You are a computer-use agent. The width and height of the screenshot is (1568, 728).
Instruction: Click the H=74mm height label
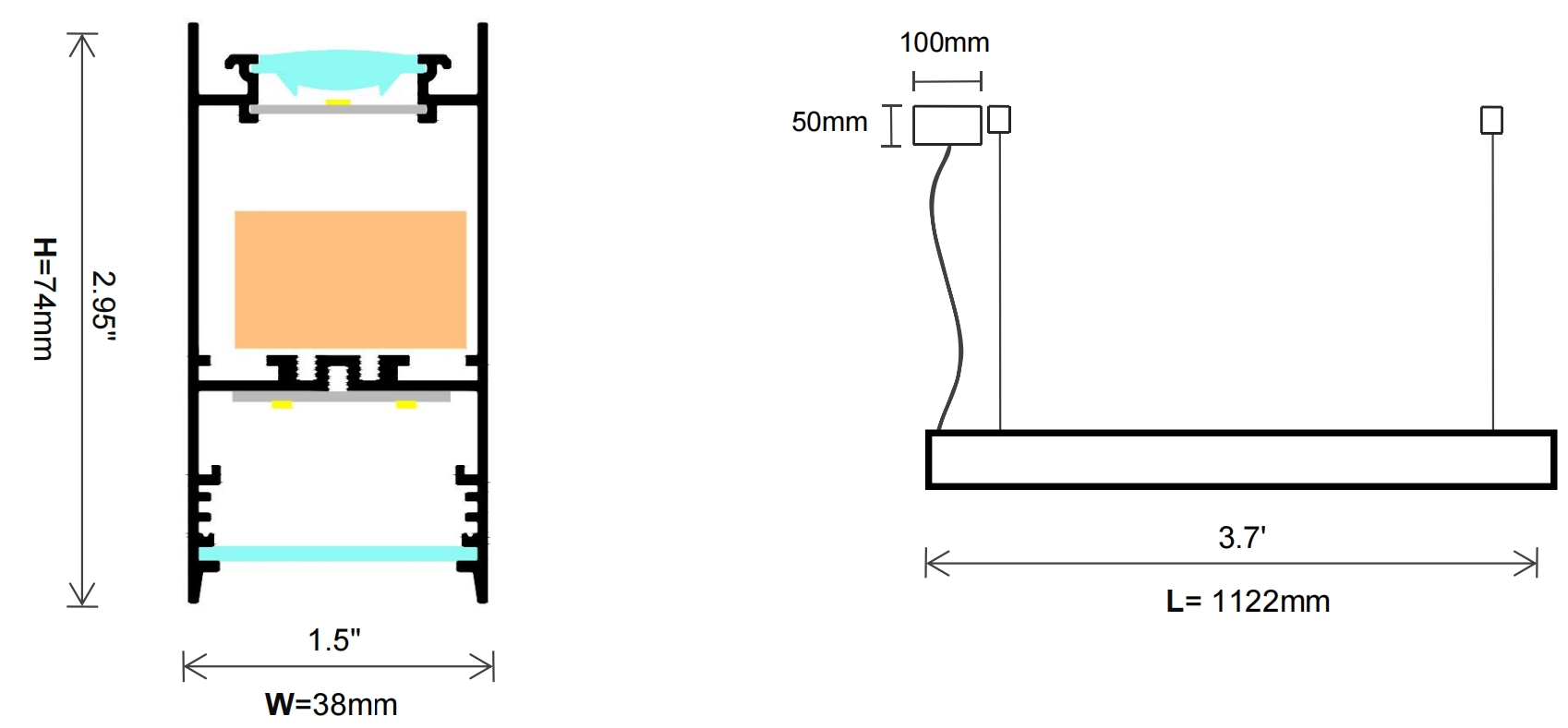click(x=44, y=299)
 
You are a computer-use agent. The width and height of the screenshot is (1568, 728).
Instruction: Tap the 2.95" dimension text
click(x=103, y=305)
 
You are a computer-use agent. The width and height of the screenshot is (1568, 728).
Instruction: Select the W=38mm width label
click(x=332, y=704)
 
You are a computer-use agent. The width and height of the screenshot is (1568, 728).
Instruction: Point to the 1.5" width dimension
click(x=334, y=639)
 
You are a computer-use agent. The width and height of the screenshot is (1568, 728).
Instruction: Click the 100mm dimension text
click(x=945, y=42)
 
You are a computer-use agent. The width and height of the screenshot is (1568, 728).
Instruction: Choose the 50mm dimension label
click(x=829, y=122)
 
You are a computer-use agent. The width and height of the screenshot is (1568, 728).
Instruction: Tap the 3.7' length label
click(x=1243, y=537)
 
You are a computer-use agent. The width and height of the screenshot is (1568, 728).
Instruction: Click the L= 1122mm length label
click(x=1248, y=601)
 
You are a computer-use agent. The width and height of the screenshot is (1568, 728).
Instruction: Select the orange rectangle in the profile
click(x=350, y=279)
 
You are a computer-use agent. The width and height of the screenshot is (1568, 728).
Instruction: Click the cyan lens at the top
click(x=337, y=70)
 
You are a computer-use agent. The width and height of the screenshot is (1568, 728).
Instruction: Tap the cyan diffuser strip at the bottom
click(x=338, y=554)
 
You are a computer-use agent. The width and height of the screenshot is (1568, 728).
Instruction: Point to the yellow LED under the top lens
click(x=337, y=102)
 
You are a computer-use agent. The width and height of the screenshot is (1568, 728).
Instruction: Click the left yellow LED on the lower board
click(x=282, y=404)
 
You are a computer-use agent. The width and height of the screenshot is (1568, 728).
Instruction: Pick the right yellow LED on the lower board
click(x=406, y=404)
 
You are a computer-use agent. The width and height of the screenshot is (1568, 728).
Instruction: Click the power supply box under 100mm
click(x=947, y=125)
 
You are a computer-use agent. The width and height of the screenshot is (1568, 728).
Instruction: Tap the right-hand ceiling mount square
click(x=1491, y=120)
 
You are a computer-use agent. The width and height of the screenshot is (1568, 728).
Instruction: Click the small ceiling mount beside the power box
click(x=999, y=119)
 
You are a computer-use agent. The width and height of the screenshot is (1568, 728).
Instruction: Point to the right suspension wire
click(x=1492, y=281)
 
